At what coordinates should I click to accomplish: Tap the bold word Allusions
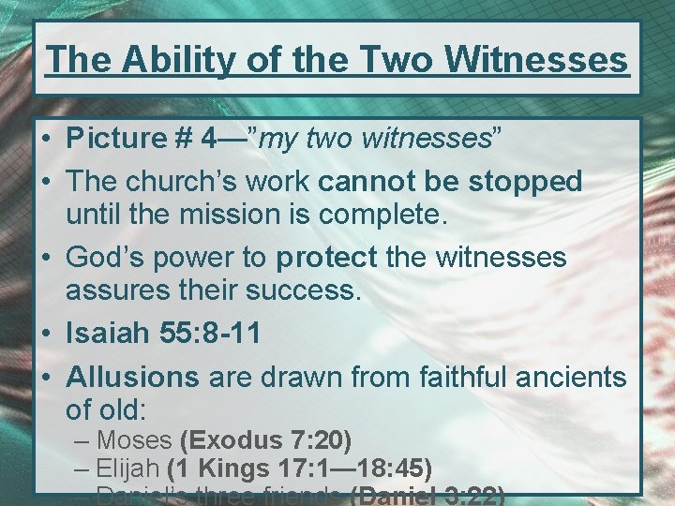pyautogui.click(x=132, y=377)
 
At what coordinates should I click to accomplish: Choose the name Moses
pyautogui.click(x=134, y=439)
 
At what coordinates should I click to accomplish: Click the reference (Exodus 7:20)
pyautogui.click(x=265, y=439)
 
